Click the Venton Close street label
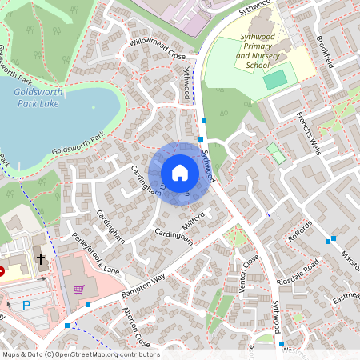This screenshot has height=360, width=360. point(250,272)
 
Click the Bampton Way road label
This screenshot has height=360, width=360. point(142,286)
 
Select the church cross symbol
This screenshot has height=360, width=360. point(41,258)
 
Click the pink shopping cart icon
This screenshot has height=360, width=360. point(78,290)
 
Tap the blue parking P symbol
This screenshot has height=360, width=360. point(26,305)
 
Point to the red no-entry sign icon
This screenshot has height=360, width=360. point(2,271)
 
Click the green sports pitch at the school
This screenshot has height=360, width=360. point(274,79)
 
